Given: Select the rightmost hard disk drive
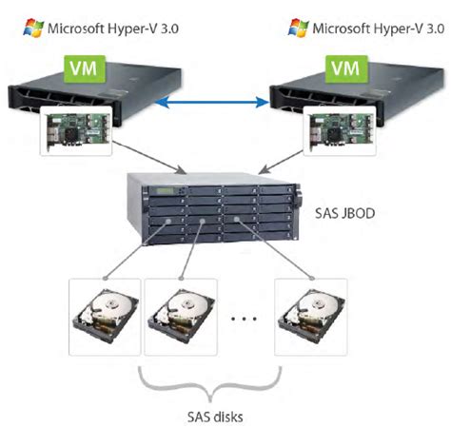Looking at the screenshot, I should click(309, 314).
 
